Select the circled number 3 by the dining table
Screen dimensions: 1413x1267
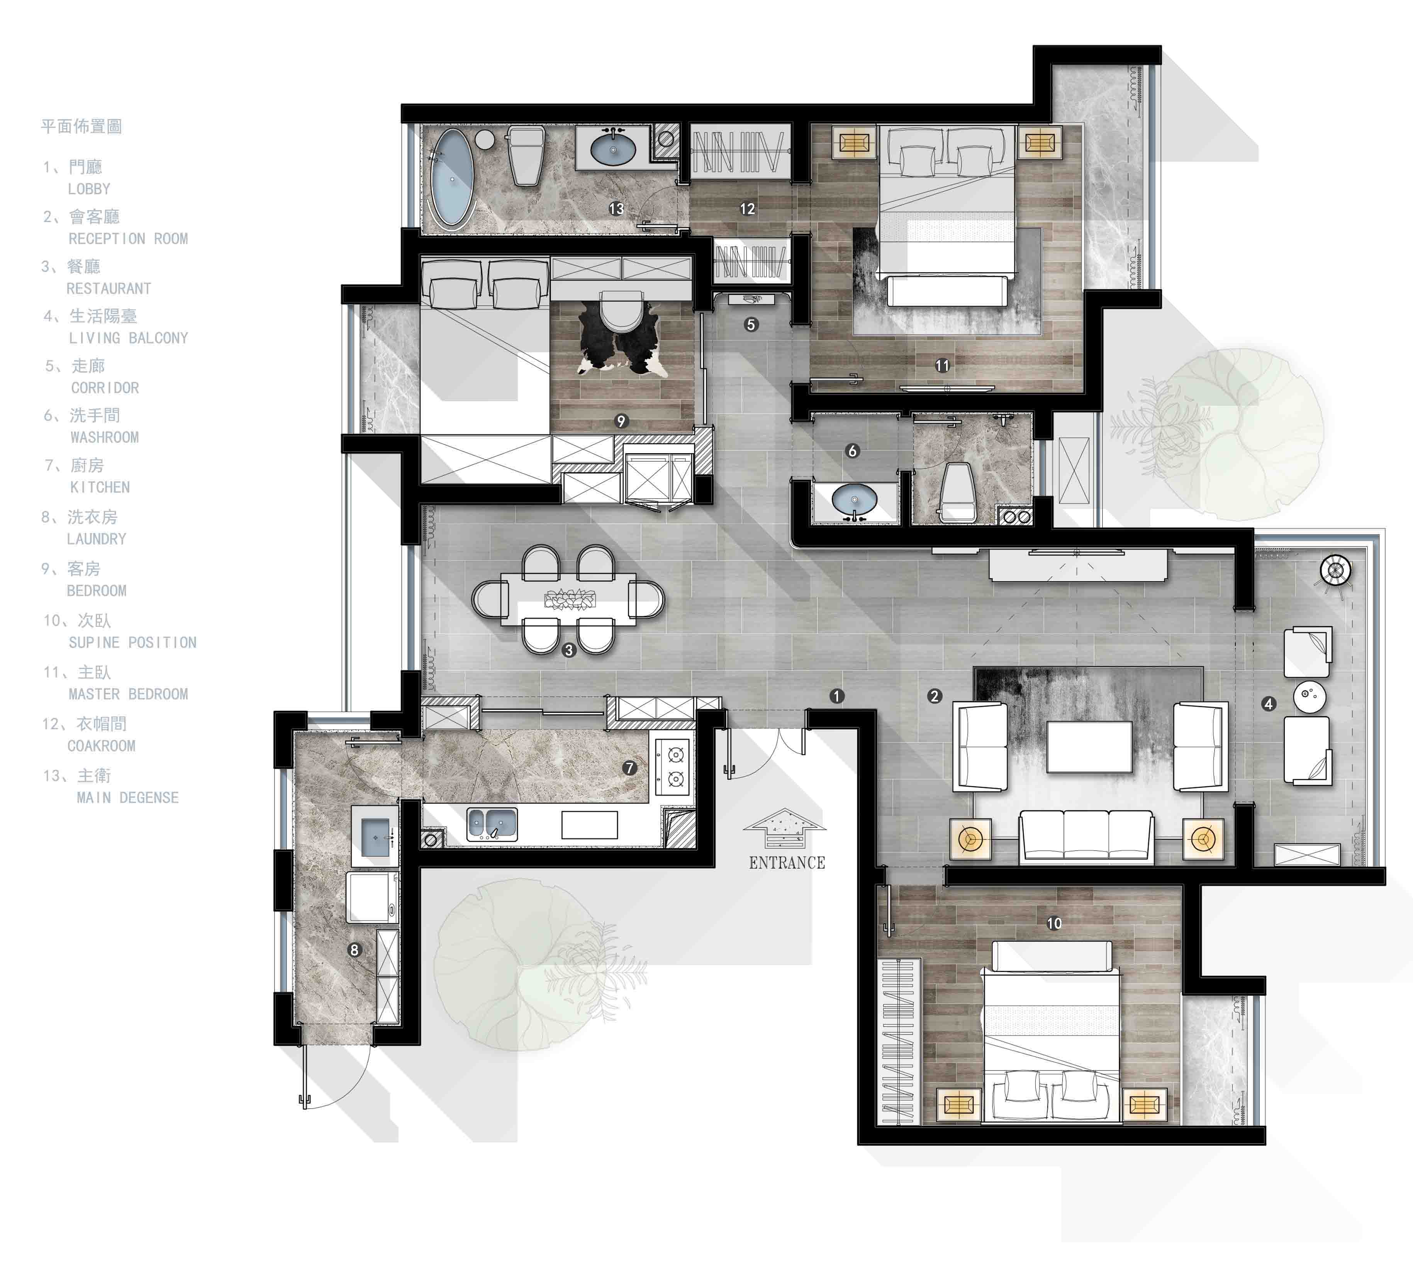569,650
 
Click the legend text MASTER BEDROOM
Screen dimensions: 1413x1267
128,694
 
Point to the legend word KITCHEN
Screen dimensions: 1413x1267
100,487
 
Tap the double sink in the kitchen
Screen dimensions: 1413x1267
492,824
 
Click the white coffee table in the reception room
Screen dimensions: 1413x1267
1089,746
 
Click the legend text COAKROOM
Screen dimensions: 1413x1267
102,746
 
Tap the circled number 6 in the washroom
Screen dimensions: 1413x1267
852,451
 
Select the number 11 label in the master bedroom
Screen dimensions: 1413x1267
942,365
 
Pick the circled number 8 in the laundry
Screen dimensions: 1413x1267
354,949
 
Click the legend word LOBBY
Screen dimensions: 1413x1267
89,189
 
